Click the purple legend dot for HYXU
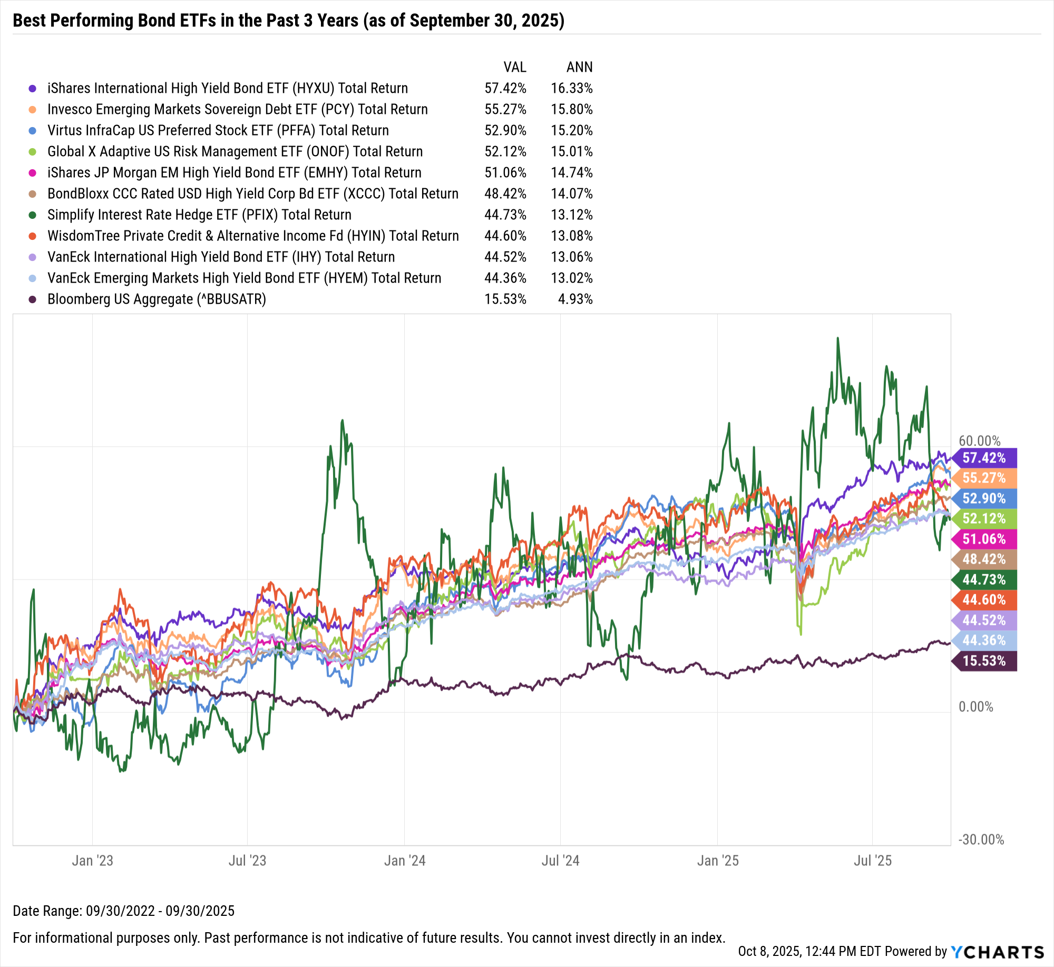pyautogui.click(x=33, y=89)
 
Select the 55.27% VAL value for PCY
pyautogui.click(x=505, y=110)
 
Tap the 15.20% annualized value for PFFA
pyautogui.click(x=571, y=131)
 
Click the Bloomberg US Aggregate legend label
pyautogui.click(x=157, y=299)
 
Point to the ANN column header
pyautogui.click(x=579, y=67)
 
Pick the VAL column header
pyautogui.click(x=514, y=67)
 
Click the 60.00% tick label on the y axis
pyautogui.click(x=979, y=441)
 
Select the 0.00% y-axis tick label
pyautogui.click(x=975, y=707)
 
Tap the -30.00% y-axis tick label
pyautogui.click(x=981, y=839)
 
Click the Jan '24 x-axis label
pyautogui.click(x=404, y=860)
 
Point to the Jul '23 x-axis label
pyautogui.click(x=247, y=860)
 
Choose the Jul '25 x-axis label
pyautogui.click(x=872, y=860)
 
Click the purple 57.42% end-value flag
pyautogui.click(x=984, y=458)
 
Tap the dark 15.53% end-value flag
pyautogui.click(x=984, y=661)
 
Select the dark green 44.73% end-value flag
pyautogui.click(x=984, y=579)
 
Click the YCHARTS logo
pyautogui.click(x=997, y=952)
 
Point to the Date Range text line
pyautogui.click(x=123, y=911)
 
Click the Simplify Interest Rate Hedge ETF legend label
pyautogui.click(x=199, y=215)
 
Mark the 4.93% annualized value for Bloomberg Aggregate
pyautogui.click(x=575, y=299)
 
